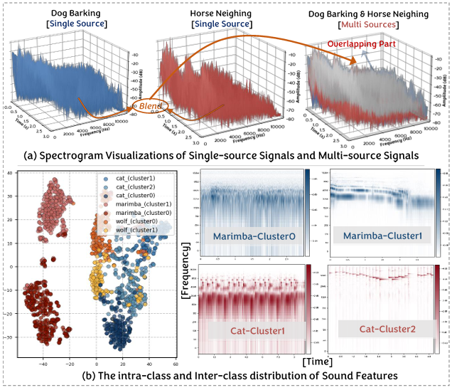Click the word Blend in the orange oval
pyautogui.click(x=149, y=105)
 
